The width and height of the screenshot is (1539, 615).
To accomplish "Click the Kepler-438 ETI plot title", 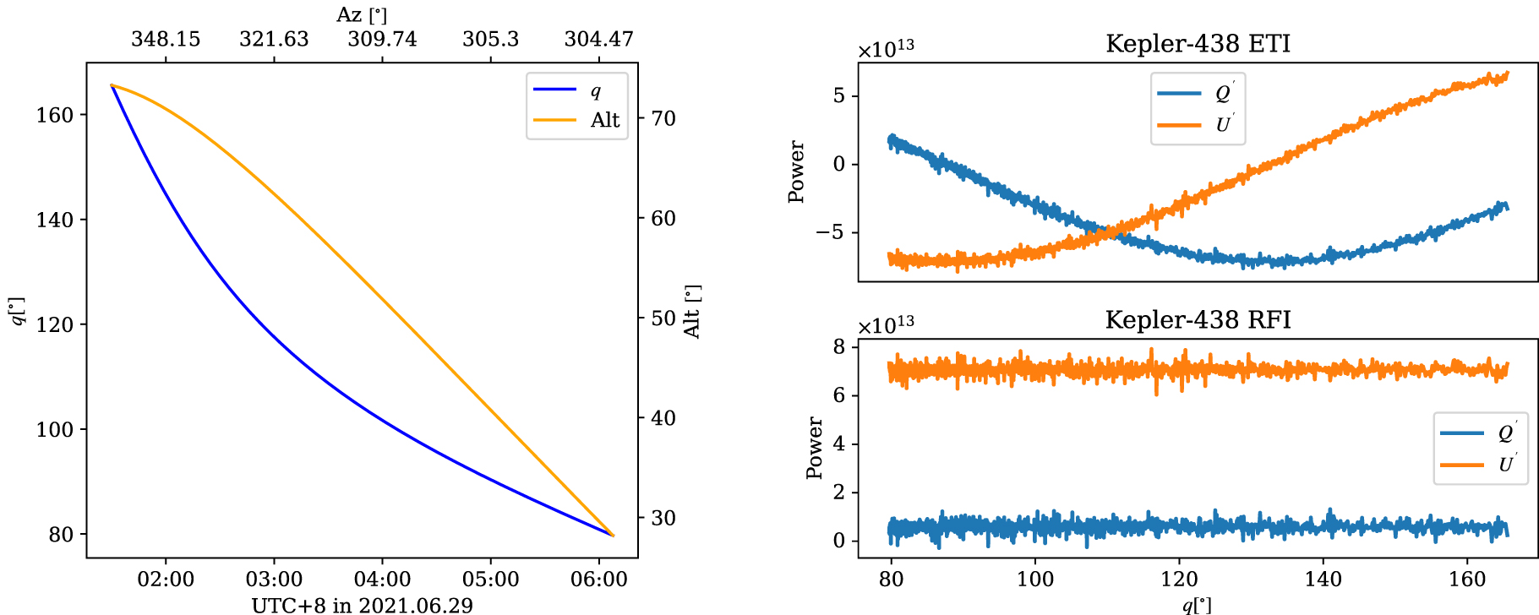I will click(1198, 44).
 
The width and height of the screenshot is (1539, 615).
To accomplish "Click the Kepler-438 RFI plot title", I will click(1198, 320).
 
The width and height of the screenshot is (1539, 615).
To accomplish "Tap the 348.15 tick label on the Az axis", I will click(166, 39).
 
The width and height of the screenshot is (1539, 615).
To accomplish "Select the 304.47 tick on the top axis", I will click(598, 39).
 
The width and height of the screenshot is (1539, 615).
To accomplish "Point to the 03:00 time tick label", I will click(274, 580).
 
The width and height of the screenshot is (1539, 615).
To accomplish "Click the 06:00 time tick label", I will click(598, 580).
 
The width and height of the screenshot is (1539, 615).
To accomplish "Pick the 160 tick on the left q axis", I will click(55, 115).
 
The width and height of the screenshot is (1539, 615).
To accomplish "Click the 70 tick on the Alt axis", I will click(663, 118).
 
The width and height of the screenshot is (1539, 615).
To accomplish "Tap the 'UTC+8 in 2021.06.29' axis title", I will click(362, 605).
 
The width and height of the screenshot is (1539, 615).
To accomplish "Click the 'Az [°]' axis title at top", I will click(362, 14).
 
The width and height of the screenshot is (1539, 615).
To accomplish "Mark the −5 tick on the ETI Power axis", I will click(832, 232).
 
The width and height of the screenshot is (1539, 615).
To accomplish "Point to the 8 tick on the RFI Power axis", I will click(838, 346).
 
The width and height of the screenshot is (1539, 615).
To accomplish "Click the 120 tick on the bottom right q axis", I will click(1179, 580).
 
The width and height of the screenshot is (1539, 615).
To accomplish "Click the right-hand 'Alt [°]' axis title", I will click(692, 312).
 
